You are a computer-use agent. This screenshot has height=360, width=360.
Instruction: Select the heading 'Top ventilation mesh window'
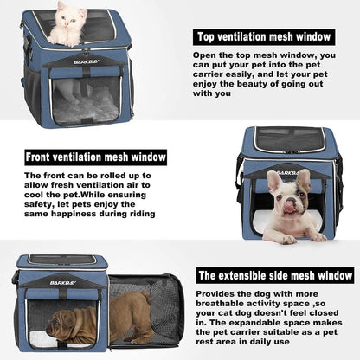coord(263,37)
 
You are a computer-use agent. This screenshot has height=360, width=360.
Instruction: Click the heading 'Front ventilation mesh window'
coord(95,157)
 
